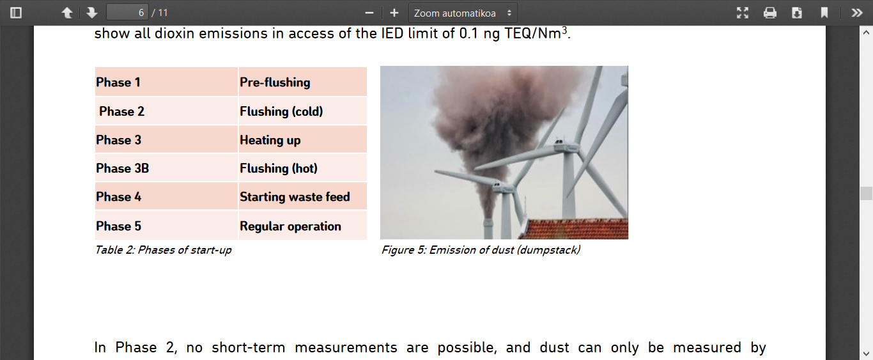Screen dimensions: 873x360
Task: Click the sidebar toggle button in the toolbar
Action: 16,13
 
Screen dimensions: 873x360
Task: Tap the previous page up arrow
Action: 67,13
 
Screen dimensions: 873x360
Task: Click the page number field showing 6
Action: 127,13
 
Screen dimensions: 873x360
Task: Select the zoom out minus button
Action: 369,13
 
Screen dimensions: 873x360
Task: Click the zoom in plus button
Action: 394,13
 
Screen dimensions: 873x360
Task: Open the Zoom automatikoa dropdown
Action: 463,13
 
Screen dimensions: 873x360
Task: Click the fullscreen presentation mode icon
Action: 743,13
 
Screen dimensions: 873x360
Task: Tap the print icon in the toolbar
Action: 769,13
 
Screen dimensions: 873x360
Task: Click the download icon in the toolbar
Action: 797,13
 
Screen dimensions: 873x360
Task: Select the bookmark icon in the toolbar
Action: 824,13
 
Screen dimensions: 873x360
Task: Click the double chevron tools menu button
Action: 856,13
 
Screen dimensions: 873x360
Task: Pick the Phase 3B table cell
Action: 166,168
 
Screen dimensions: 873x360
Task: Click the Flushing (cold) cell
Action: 303,111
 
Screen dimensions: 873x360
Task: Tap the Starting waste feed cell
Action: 303,196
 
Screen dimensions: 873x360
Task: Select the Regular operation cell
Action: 303,226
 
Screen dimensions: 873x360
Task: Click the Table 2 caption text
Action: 164,249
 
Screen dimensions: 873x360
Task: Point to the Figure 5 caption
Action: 481,249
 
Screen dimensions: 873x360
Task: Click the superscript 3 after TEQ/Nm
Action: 564,30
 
